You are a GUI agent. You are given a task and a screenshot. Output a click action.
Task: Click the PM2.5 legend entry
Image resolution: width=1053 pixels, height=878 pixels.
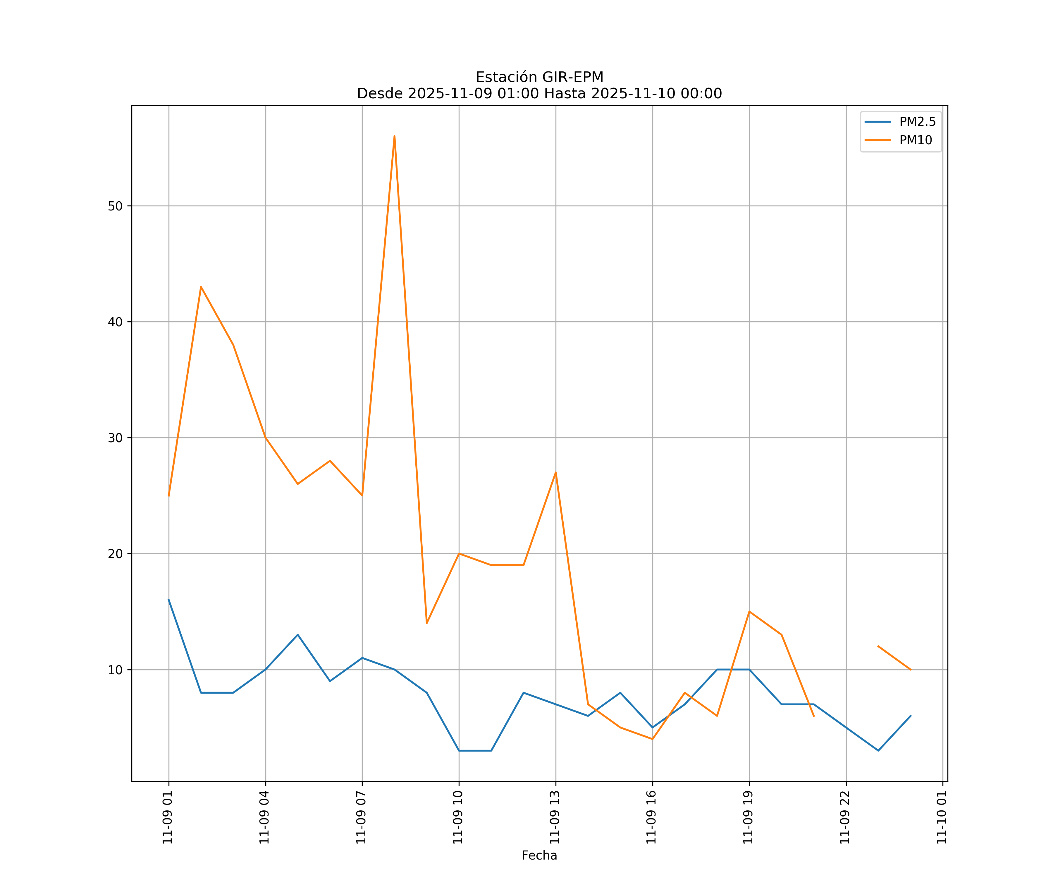(x=917, y=122)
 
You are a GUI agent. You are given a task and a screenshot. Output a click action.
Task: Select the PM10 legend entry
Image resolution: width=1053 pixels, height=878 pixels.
(x=915, y=140)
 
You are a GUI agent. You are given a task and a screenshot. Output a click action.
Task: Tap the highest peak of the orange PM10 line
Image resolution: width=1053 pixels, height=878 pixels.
(x=395, y=136)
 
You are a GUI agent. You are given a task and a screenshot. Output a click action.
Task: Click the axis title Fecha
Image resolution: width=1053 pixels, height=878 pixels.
(x=539, y=855)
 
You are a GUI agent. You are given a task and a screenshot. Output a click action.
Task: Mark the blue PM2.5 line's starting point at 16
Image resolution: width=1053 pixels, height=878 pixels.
(x=169, y=600)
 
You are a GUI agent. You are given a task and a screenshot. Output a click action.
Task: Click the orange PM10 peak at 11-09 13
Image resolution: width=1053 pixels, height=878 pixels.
(x=555, y=473)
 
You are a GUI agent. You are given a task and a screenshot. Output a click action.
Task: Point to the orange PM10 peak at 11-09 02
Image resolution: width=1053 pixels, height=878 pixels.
(x=201, y=287)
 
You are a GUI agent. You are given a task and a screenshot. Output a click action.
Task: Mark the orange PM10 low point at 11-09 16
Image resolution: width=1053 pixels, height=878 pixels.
(x=652, y=739)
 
